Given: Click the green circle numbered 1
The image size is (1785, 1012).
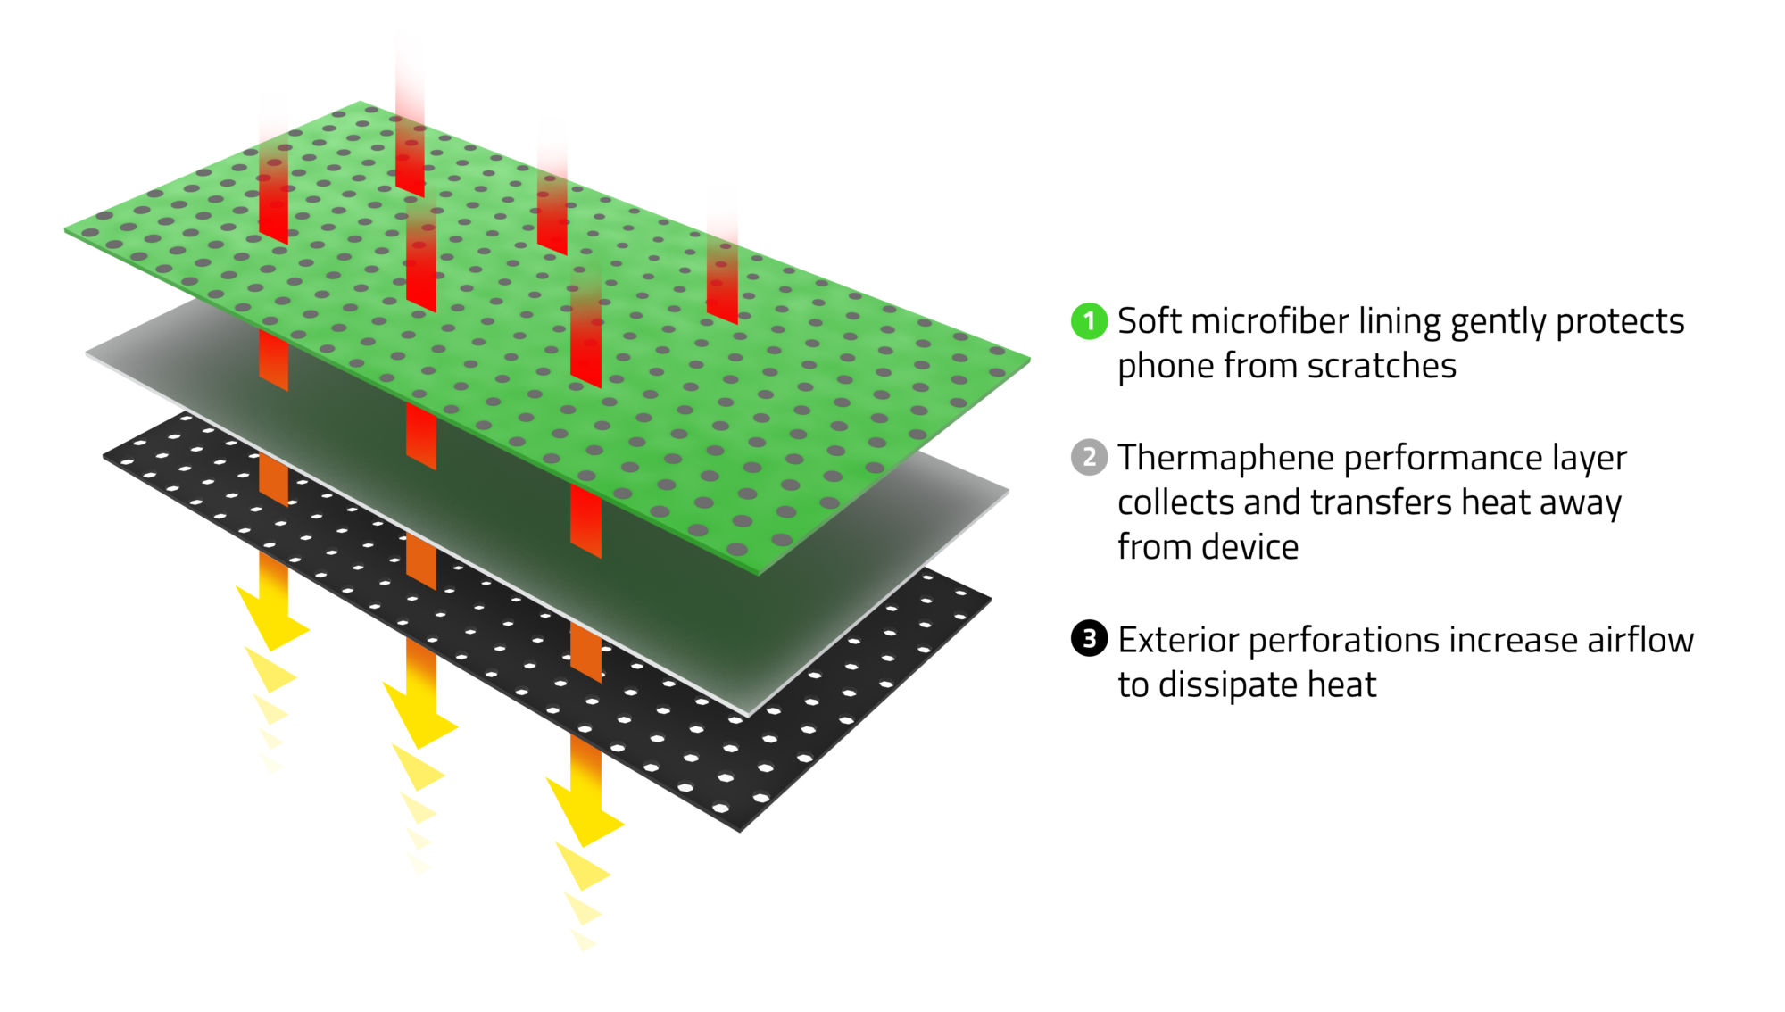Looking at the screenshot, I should tap(1089, 321).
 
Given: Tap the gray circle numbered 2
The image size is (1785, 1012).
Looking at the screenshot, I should tap(1089, 458).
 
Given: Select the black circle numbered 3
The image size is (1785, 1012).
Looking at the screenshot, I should tap(1089, 639).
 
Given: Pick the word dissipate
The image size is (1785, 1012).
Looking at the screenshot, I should tap(1227, 685).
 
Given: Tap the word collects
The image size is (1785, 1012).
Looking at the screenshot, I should tap(1175, 502).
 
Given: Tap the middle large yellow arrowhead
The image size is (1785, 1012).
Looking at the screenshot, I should tap(420, 719).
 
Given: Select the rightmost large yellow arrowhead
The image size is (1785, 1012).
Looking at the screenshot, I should tap(585, 817).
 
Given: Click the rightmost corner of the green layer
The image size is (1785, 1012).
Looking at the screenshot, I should tap(1028, 360).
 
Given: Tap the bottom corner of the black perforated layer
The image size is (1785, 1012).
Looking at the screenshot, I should tap(740, 830).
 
